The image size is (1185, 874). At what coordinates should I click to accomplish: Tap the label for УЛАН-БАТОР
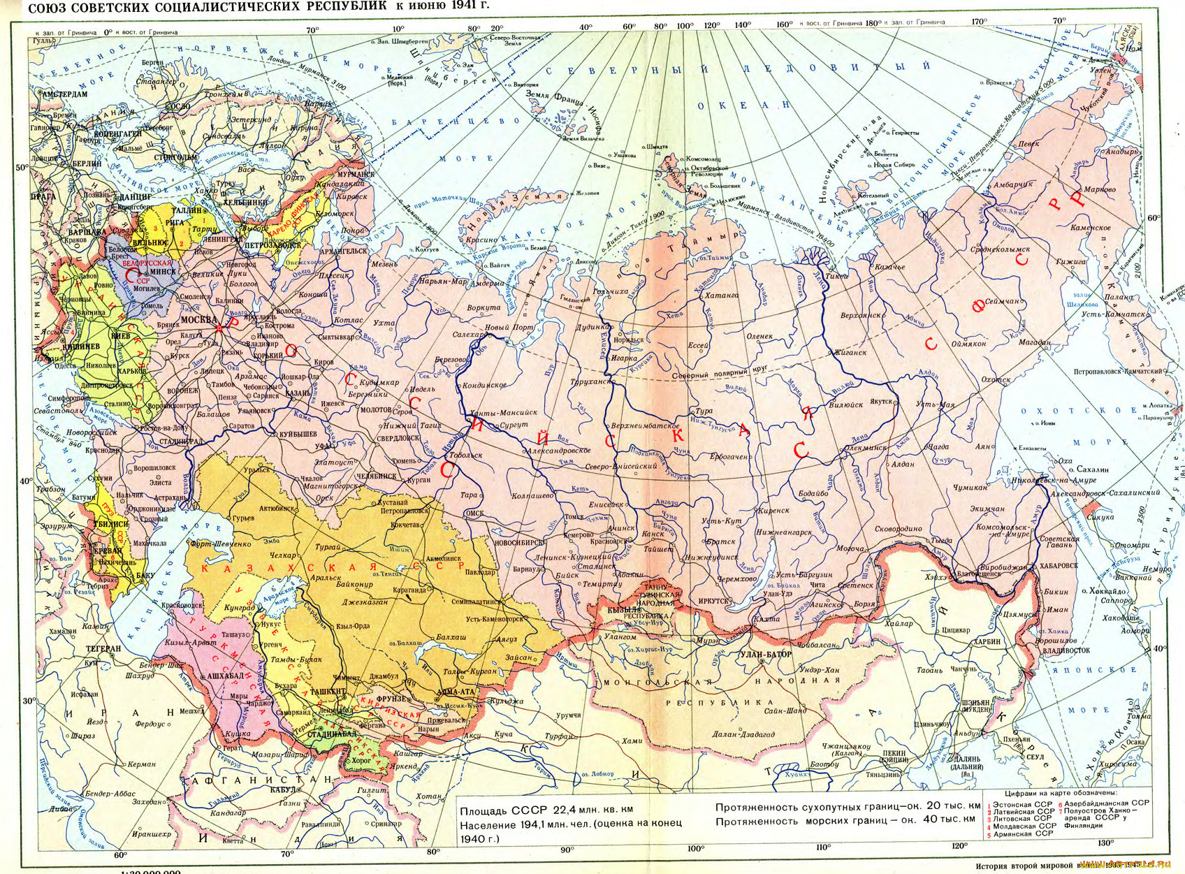766,654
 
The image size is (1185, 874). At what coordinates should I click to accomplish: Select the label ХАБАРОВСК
1059,565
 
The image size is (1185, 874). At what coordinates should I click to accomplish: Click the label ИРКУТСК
714,601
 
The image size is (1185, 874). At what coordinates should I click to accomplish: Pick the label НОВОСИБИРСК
519,542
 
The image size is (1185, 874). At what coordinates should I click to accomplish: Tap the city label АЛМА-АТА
455,692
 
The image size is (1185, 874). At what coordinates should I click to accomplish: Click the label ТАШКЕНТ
328,691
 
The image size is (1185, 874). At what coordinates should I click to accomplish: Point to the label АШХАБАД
225,676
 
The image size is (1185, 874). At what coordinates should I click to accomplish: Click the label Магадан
1034,343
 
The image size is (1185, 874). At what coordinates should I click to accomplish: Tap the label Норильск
628,340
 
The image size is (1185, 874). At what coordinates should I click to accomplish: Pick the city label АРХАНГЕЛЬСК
343,250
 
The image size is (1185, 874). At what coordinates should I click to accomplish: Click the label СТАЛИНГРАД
180,442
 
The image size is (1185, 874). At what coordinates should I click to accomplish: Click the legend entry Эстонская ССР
1024,804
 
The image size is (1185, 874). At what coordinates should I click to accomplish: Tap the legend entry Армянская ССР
1024,833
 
